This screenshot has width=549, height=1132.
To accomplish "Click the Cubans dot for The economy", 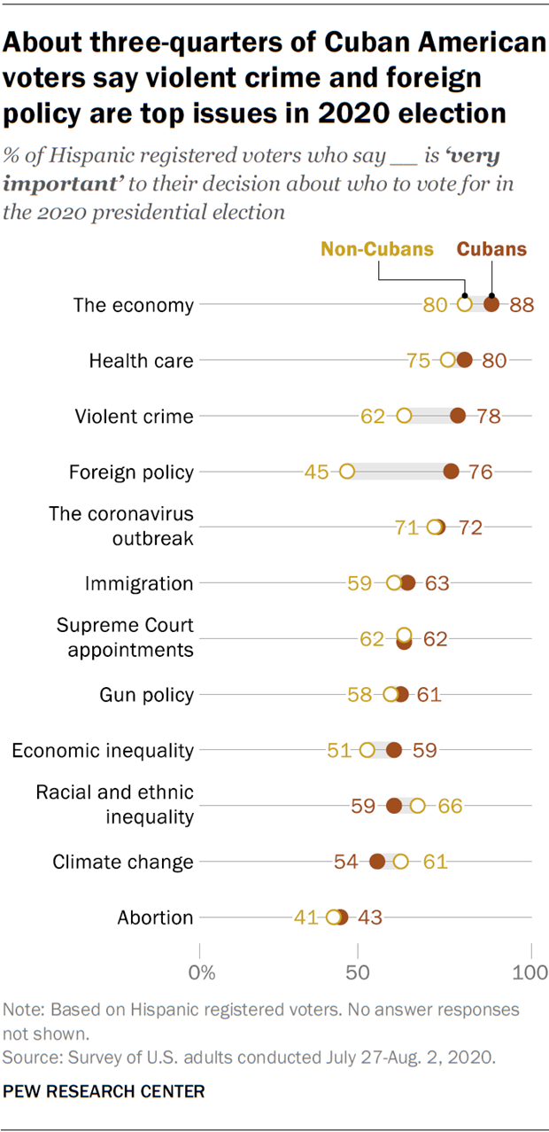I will click(x=491, y=305).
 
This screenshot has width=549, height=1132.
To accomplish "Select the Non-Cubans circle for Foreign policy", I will click(x=347, y=472).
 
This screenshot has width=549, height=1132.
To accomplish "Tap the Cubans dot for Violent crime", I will click(x=458, y=416).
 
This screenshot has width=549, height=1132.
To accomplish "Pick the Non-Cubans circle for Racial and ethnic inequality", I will click(x=417, y=805).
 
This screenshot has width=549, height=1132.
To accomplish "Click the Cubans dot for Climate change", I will click(x=377, y=861).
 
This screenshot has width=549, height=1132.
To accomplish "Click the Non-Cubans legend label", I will click(x=377, y=249).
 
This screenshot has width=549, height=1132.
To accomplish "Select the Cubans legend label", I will click(x=491, y=249).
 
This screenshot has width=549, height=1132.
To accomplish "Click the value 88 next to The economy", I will click(x=522, y=306).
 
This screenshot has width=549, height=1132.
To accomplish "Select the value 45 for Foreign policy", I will click(x=316, y=472).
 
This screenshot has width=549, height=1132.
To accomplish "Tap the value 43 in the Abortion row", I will click(x=369, y=917).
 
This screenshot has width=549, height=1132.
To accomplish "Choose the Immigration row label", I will click(x=138, y=583).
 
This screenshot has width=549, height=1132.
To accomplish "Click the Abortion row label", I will click(x=155, y=917).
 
